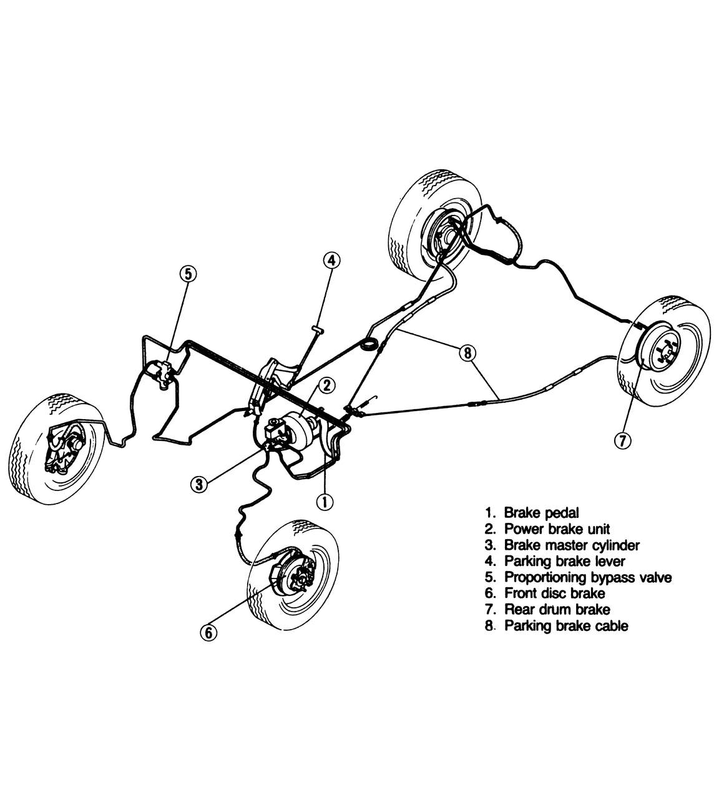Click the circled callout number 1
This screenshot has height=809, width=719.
click(325, 502)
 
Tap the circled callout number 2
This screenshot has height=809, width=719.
click(327, 385)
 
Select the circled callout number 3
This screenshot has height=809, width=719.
click(199, 485)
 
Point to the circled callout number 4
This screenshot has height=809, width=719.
click(332, 261)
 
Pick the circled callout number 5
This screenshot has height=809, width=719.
click(188, 274)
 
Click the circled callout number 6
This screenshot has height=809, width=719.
click(208, 632)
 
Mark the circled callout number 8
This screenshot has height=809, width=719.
click(467, 352)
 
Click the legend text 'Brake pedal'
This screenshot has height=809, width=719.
click(542, 513)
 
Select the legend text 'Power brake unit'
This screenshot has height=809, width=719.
click(557, 529)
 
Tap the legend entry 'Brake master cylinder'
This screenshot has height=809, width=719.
click(572, 545)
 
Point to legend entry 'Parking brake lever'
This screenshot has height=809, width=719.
click(565, 561)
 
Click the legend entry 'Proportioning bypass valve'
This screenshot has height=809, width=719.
click(588, 577)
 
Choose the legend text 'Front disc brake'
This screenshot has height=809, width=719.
click(555, 593)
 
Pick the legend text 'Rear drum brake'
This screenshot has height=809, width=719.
click(557, 609)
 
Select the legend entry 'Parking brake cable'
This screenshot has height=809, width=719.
click(566, 625)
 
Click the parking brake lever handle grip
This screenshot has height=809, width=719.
click(317, 329)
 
